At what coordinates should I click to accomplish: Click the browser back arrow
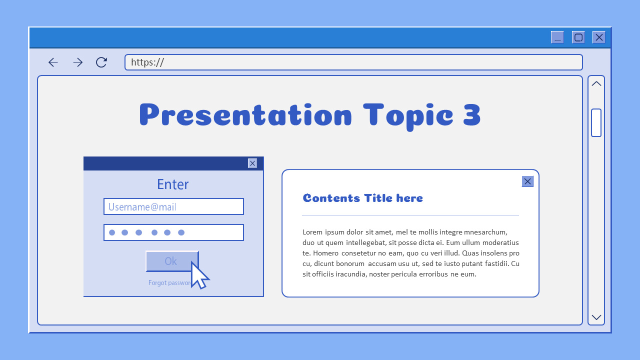point(53,62)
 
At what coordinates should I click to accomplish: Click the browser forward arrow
point(77,62)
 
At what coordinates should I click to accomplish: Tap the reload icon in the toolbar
point(101,62)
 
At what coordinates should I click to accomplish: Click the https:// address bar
point(353,62)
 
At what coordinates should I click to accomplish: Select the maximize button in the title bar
point(578,37)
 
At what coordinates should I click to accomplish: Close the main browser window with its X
point(599,37)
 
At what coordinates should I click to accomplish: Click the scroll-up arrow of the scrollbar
point(596,84)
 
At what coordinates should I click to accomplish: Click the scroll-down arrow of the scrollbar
point(596,317)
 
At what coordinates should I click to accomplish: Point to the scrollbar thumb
point(596,122)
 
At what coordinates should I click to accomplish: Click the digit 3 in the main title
point(472,115)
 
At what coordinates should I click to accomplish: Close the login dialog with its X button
point(252,163)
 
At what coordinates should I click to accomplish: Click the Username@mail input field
point(173,206)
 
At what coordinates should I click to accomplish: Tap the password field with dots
point(173,232)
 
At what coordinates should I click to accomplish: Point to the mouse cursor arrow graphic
point(198,275)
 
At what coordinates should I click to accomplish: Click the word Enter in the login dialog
point(172,184)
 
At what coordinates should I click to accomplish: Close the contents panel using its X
point(527,181)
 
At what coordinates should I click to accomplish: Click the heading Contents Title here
point(363,198)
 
